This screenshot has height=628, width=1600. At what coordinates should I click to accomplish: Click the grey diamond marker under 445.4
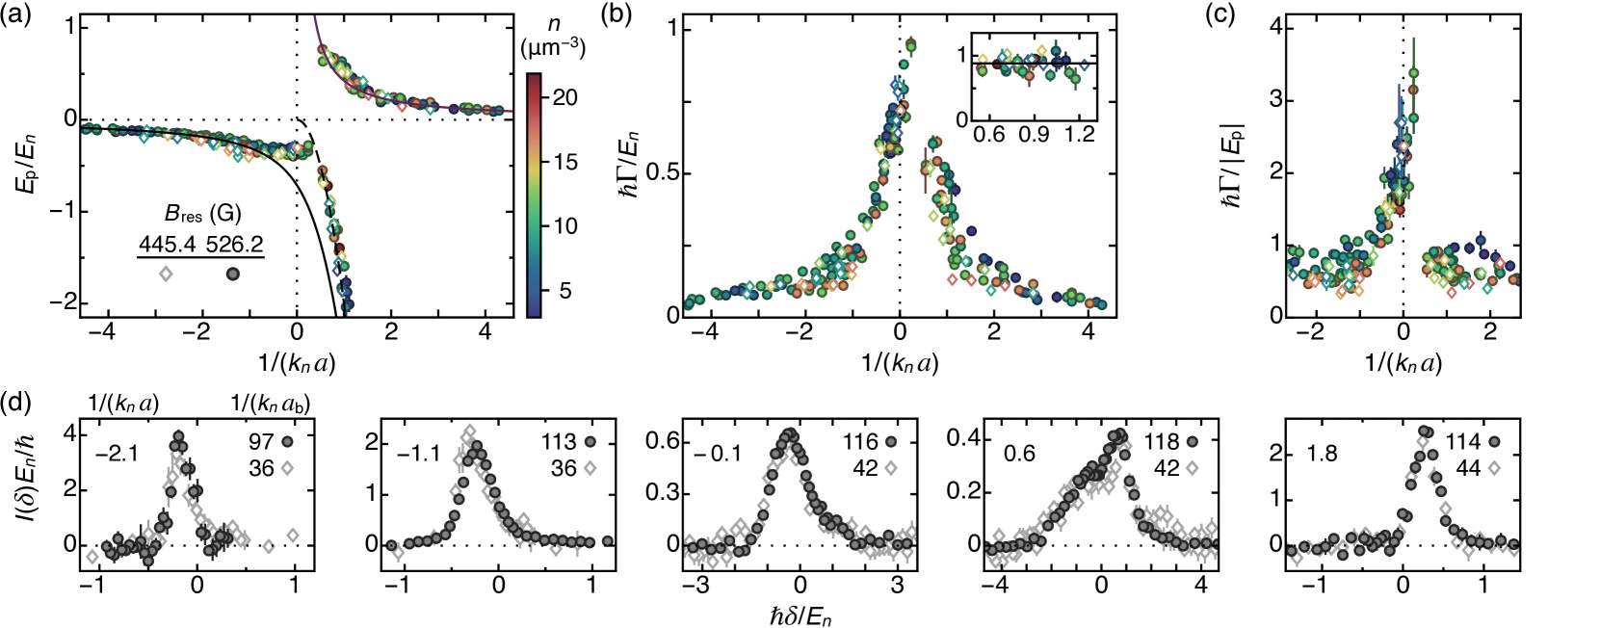pyautogui.click(x=166, y=274)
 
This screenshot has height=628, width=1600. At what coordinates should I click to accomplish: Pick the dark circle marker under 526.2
pyautogui.click(x=233, y=274)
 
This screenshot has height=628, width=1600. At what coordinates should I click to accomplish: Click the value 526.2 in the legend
pyautogui.click(x=234, y=245)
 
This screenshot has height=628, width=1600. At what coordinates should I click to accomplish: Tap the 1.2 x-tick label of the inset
pyautogui.click(x=1080, y=134)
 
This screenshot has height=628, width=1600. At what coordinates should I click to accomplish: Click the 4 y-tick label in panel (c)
pyautogui.click(x=1275, y=27)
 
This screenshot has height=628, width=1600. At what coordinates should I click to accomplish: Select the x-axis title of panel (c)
pyautogui.click(x=1403, y=362)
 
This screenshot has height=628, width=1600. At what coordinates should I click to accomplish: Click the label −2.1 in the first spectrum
pyautogui.click(x=117, y=453)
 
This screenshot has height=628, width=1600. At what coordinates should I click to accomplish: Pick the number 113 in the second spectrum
pyautogui.click(x=558, y=442)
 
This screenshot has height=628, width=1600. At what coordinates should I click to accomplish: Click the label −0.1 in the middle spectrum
pyautogui.click(x=717, y=453)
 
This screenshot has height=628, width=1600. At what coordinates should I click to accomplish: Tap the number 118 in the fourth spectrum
pyautogui.click(x=1161, y=442)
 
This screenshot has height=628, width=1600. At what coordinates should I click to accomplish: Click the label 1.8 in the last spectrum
pyautogui.click(x=1322, y=453)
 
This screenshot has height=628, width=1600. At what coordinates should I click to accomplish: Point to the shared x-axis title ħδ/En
pyautogui.click(x=800, y=614)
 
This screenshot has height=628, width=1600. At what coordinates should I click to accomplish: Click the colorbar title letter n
pyautogui.click(x=553, y=24)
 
